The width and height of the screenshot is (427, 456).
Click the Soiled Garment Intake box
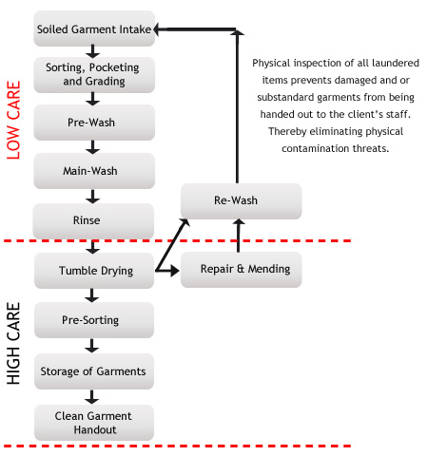[94, 28]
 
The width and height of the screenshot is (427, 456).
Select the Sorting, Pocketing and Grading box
[94, 75]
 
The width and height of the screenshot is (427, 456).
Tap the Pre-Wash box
[94, 123]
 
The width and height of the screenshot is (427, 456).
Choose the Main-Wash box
[94, 171]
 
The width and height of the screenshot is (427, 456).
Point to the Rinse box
[93, 220]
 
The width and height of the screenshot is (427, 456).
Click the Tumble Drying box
[94, 271]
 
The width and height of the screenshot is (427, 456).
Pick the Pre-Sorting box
[94, 320]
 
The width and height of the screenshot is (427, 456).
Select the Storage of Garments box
[94, 371]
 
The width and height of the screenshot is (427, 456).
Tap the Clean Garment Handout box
[94, 423]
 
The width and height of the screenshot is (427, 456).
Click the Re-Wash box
[241, 201]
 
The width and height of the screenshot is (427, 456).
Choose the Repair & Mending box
[241, 270]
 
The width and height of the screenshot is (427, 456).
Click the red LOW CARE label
[13, 120]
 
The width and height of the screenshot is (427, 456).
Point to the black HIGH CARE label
[13, 344]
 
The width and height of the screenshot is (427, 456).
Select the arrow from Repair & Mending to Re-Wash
[239, 236]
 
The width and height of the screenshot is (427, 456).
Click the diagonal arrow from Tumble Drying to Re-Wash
[172, 245]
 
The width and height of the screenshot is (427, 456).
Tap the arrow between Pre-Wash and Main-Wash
[92, 147]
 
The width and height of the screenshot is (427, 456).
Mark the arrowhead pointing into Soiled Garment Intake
[158, 29]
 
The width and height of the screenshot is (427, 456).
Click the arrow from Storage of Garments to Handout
[92, 397]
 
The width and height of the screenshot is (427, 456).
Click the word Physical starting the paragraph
[271, 63]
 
